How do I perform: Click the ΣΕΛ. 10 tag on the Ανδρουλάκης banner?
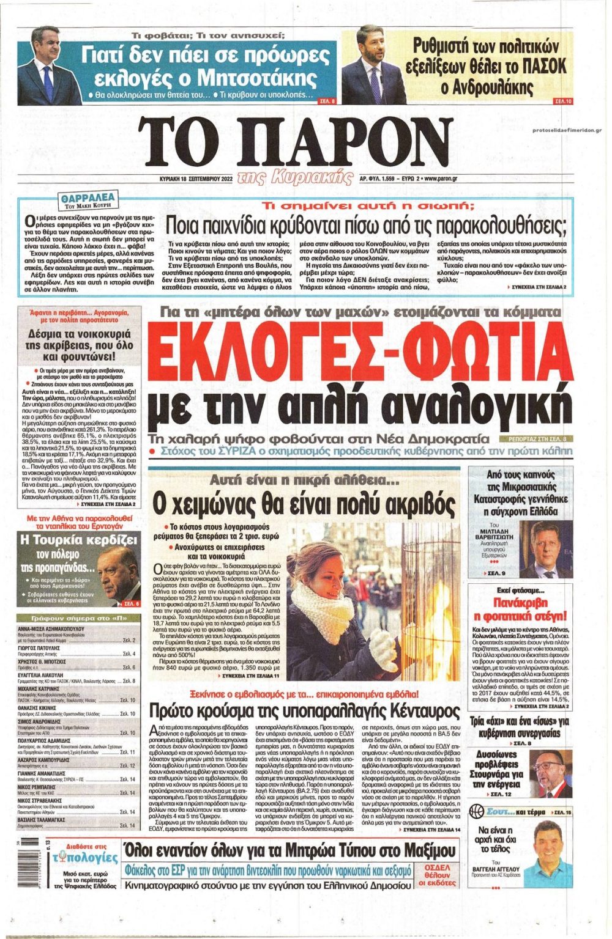coord(561,100)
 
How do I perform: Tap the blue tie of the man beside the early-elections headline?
coord(48,85)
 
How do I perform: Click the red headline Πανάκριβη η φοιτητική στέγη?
coord(521,609)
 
